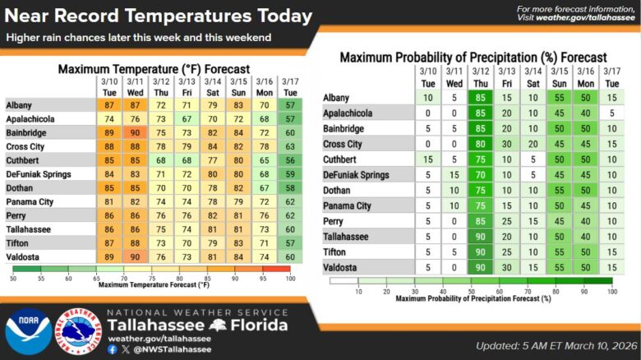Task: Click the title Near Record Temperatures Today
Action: pyautogui.click(x=159, y=16)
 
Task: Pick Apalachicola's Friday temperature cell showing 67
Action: pyautogui.click(x=187, y=117)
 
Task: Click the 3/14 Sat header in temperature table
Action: pyautogui.click(x=213, y=85)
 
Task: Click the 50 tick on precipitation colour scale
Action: pyautogui.click(x=471, y=290)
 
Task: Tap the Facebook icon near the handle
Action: pyautogui.click(x=113, y=348)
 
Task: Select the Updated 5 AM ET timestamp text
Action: pyautogui.click(x=551, y=345)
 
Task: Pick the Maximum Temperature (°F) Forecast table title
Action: pyautogui.click(x=154, y=70)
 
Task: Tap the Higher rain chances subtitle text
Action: pyautogui.click(x=139, y=38)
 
